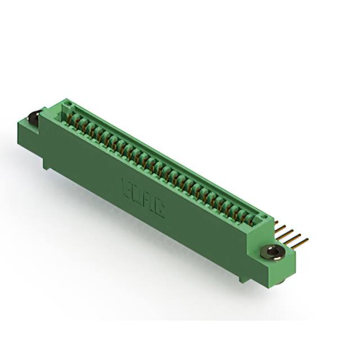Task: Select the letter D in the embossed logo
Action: point(137,194)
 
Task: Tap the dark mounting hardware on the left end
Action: point(33,120)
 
